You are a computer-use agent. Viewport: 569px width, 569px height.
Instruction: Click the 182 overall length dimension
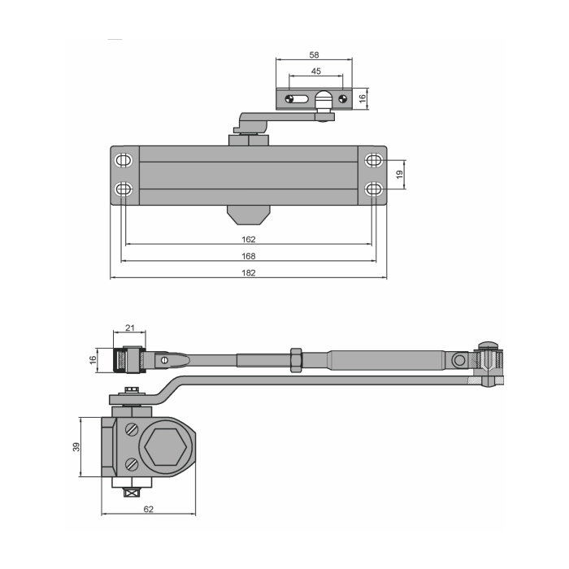(x=249, y=272)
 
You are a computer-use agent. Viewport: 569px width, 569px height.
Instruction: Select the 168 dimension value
(x=249, y=256)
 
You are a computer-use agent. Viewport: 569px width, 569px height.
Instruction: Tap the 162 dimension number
(x=249, y=240)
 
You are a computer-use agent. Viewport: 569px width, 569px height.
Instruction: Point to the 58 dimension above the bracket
(x=315, y=54)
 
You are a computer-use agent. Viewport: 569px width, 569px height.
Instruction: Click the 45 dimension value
(x=316, y=72)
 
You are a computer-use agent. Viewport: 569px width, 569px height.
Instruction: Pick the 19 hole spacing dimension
(x=400, y=175)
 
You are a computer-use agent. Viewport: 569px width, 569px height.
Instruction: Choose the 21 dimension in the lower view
(x=130, y=328)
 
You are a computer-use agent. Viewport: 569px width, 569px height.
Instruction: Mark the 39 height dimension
(x=76, y=447)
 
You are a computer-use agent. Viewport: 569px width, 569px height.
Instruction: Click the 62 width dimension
(x=149, y=509)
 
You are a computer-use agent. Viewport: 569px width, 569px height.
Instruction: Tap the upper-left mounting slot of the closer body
(x=124, y=160)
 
